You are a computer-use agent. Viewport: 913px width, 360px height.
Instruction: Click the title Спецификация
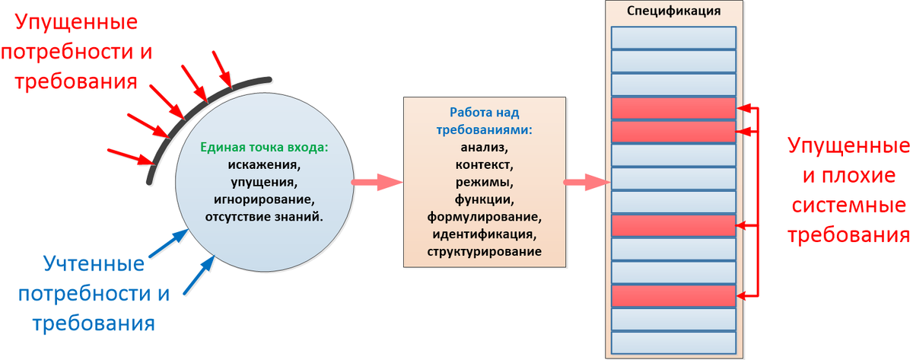pyautogui.click(x=673, y=11)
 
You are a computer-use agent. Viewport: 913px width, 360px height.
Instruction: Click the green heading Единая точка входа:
pyautogui.click(x=264, y=147)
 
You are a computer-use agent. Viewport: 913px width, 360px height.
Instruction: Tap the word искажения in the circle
pyautogui.click(x=264, y=164)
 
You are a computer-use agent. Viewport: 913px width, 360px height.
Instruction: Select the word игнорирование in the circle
pyautogui.click(x=264, y=199)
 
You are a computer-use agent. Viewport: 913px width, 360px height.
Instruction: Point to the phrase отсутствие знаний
pyautogui.click(x=264, y=216)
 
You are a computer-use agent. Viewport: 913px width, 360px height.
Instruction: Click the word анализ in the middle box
pyautogui.click(x=484, y=147)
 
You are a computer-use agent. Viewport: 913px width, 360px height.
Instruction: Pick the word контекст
pyautogui.click(x=484, y=164)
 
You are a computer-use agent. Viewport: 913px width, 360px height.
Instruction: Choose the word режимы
pyautogui.click(x=484, y=182)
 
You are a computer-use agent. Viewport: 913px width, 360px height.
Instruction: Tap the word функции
pyautogui.click(x=484, y=199)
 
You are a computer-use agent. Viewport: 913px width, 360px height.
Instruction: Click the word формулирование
pyautogui.click(x=484, y=216)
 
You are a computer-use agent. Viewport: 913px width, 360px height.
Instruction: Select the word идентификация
pyautogui.click(x=484, y=234)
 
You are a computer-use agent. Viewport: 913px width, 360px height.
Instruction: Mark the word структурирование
pyautogui.click(x=484, y=252)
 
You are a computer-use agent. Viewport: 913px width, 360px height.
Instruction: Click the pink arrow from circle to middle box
pyautogui.click(x=377, y=182)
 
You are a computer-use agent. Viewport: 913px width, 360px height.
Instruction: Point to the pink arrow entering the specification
pyautogui.click(x=587, y=182)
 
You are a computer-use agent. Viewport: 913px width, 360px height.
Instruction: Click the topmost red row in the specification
pyautogui.click(x=673, y=108)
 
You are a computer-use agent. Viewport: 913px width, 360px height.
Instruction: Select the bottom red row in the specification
pyautogui.click(x=673, y=296)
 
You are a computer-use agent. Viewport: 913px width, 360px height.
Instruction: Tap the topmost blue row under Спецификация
pyautogui.click(x=673, y=38)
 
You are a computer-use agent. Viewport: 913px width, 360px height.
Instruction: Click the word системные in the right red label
pyautogui.click(x=849, y=205)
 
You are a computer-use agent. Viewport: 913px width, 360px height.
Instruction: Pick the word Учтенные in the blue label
pyautogui.click(x=94, y=264)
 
